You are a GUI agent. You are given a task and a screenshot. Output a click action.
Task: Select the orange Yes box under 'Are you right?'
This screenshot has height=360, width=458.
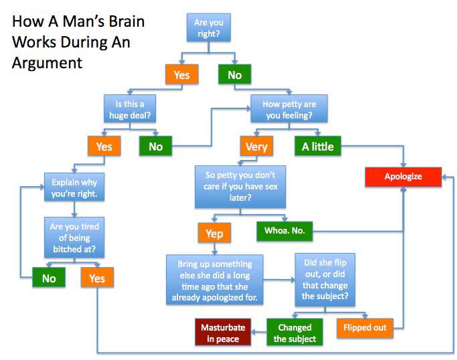click(x=181, y=75)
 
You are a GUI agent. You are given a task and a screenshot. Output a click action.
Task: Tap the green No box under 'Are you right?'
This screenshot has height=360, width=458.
click(x=234, y=75)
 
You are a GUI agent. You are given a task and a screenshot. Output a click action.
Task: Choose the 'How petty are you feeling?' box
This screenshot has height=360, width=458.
click(x=289, y=109)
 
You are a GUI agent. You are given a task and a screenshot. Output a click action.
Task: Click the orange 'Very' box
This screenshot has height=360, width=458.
click(x=256, y=147)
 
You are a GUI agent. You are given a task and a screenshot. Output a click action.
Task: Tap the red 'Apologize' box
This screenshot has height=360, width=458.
click(x=403, y=177)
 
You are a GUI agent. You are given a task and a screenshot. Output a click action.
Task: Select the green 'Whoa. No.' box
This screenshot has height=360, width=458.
click(x=285, y=231)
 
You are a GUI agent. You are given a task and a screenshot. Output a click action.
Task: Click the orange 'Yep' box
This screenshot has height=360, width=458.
click(x=214, y=234)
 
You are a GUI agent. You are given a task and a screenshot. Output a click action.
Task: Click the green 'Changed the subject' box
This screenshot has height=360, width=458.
click(x=295, y=333)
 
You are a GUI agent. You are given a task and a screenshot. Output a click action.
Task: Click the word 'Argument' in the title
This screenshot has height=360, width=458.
click(x=47, y=63)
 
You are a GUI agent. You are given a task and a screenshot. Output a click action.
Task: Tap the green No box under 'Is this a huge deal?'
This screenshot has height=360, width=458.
click(x=155, y=147)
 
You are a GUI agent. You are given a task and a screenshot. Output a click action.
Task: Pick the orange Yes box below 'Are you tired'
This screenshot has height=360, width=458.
click(x=97, y=278)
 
